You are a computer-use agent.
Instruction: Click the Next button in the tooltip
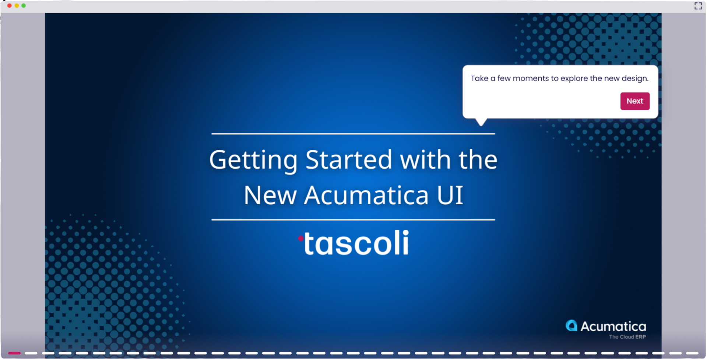634,101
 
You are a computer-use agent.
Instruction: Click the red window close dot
9,6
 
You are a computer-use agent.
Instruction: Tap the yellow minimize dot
17,6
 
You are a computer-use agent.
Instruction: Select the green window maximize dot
24,6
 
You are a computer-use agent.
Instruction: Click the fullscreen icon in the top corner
698,6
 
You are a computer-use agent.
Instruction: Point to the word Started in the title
349,160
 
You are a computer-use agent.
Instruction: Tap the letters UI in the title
450,195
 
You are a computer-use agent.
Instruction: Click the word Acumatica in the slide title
366,195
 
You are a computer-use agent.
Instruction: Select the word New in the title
270,195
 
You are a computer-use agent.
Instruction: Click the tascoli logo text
356,243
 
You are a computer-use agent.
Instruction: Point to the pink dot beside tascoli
301,239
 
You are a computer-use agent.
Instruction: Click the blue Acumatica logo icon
571,325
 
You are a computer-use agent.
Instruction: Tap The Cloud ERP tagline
627,337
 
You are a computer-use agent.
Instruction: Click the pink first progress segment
14,353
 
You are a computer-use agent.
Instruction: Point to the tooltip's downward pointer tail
481,122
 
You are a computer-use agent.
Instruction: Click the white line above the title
353,134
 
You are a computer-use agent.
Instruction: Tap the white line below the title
353,220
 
